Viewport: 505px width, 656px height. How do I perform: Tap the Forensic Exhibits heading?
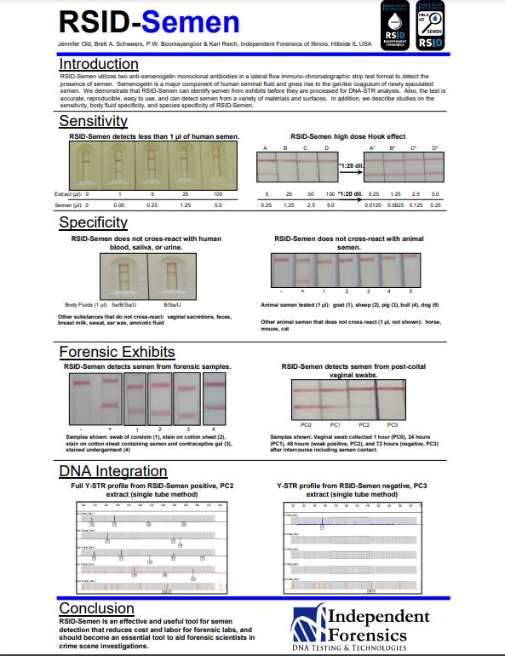(118, 351)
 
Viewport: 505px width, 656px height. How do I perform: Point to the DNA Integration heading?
(113, 471)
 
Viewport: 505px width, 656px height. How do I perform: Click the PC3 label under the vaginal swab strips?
(392, 423)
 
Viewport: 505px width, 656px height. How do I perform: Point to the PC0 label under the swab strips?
(307, 423)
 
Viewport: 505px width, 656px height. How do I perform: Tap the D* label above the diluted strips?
(435, 148)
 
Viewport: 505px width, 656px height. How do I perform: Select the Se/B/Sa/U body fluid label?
(125, 304)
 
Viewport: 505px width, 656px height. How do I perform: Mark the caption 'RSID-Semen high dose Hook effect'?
(347, 136)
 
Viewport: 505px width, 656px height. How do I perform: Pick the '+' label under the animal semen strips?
(304, 292)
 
